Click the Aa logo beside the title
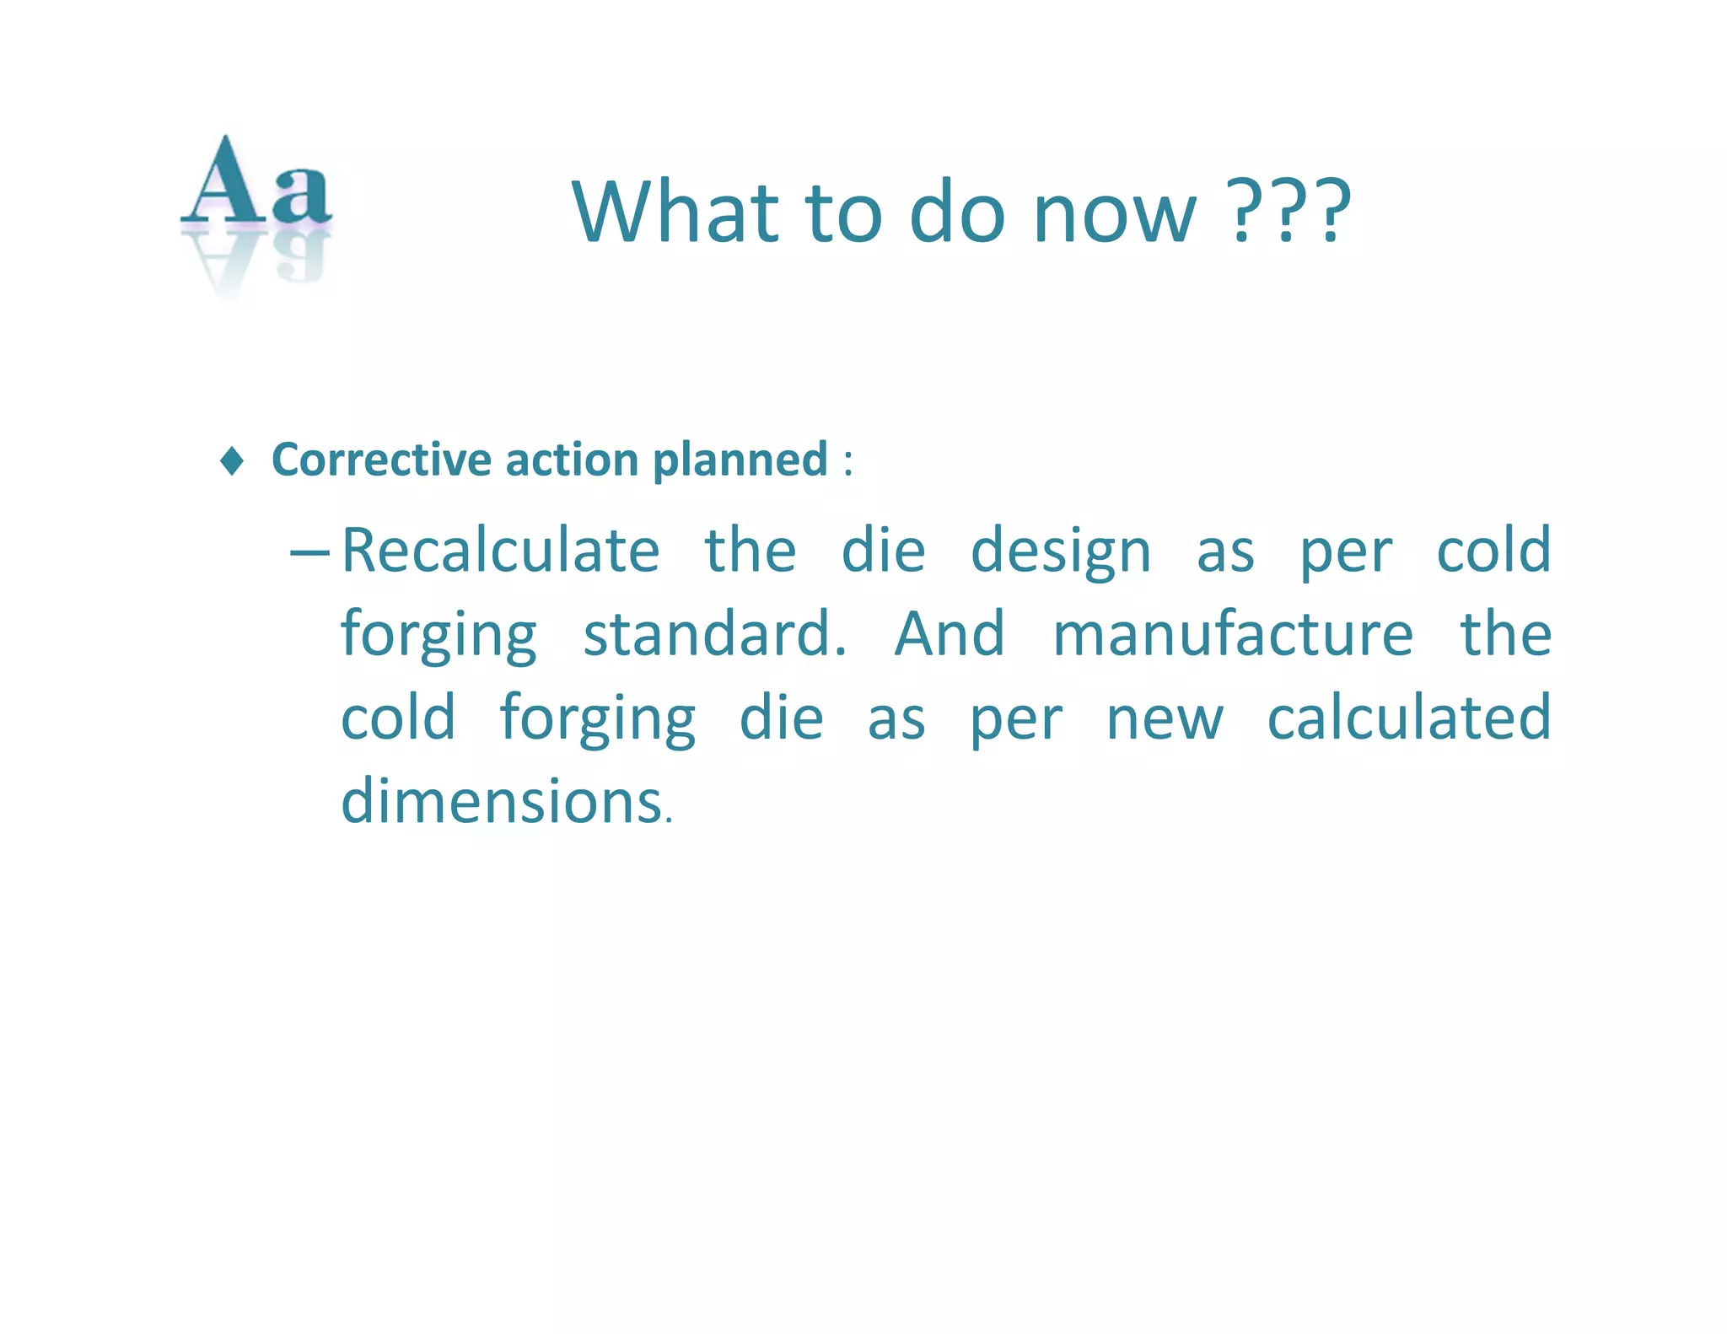256,198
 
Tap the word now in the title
1114,213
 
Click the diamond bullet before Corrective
232,461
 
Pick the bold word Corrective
381,460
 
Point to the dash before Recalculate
309,552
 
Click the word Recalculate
500,551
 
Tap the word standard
713,634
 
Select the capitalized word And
950,634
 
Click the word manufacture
1232,634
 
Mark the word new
1164,718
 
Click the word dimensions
503,801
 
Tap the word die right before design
883,551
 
